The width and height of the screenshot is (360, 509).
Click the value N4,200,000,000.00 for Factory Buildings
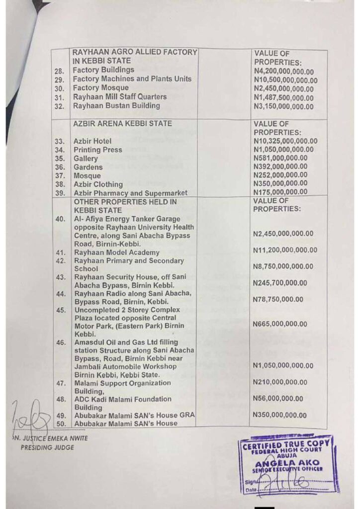click(283, 71)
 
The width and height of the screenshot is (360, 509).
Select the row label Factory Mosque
click(101, 88)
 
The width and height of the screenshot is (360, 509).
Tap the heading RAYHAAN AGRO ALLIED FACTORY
click(135, 52)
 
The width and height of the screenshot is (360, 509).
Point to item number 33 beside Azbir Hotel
click(60, 142)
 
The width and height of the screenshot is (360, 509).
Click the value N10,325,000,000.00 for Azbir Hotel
click(285, 141)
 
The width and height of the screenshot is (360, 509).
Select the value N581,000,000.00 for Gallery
click(280, 158)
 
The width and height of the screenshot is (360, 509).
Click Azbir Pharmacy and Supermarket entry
click(130, 193)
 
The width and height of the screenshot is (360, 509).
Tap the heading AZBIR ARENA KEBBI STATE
click(122, 123)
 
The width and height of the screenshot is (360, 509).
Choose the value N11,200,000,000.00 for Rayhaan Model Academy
click(285, 250)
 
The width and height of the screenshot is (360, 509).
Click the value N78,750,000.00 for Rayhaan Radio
click(278, 299)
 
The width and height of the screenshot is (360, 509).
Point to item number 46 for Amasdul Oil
click(61, 342)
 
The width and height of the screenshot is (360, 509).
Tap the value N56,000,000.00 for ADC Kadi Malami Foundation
click(278, 398)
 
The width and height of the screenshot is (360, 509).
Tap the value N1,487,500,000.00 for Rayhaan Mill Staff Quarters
click(283, 97)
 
